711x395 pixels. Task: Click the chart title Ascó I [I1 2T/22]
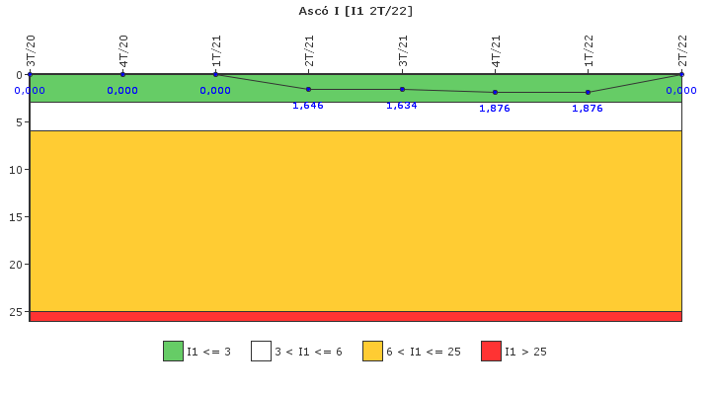coord(355,11)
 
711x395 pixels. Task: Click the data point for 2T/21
coord(309,90)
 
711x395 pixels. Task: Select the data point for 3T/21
coord(402,90)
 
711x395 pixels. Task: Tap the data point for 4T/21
coord(495,92)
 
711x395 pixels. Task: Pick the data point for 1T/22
coord(589,92)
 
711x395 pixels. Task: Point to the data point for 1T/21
coord(215,74)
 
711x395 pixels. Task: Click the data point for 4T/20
coord(122,74)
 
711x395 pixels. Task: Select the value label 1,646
coord(308,105)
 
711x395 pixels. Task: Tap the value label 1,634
coord(402,105)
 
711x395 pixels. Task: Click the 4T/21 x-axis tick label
coord(497,50)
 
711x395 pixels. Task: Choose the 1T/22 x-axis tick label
coord(590,50)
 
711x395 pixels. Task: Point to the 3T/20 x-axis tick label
coord(31,50)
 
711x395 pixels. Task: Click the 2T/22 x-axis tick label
coord(682,50)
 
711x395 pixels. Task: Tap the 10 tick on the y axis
coord(15,170)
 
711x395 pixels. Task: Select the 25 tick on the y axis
coord(15,312)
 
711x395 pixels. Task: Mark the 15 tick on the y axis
coord(15,217)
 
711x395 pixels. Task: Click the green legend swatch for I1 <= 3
coord(173,351)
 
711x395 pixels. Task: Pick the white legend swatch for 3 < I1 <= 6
coord(261,351)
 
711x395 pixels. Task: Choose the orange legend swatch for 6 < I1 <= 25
coord(372,351)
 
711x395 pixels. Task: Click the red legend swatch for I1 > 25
coord(491,351)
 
